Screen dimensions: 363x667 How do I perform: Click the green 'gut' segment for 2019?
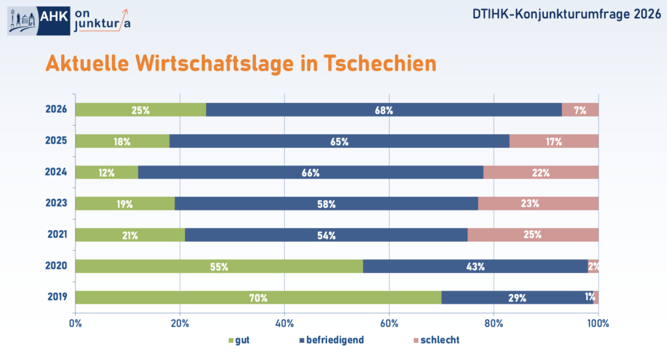click(258, 298)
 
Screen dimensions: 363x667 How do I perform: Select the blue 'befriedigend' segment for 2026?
click(384, 110)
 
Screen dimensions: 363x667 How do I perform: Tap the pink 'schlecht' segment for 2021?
click(533, 235)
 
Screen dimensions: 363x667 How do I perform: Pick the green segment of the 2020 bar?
click(219, 267)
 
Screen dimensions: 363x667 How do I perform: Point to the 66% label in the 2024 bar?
click(310, 173)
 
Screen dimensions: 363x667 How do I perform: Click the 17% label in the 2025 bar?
click(554, 141)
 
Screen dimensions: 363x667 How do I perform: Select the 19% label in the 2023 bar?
click(124, 204)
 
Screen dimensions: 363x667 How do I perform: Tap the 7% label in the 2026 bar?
click(580, 110)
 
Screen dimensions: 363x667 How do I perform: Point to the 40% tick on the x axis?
click(284, 322)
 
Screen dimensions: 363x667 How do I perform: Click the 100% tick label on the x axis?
click(598, 322)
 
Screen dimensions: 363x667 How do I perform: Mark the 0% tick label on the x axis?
click(76, 322)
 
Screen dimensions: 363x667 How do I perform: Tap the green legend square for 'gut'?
click(231, 341)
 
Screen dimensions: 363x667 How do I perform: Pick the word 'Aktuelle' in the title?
click(87, 64)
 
